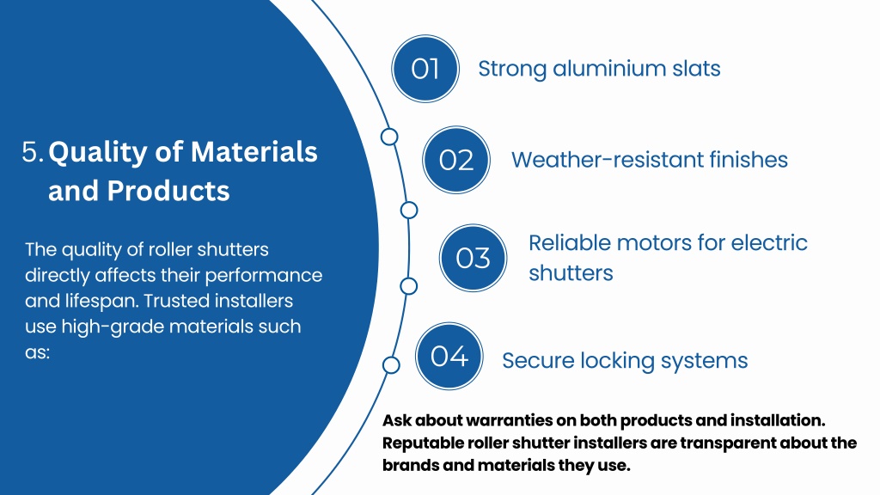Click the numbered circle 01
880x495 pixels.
[x=425, y=69]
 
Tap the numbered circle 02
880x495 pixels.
[x=456, y=160]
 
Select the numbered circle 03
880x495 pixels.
[x=473, y=257]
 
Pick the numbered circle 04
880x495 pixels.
[x=449, y=356]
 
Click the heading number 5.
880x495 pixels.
[x=33, y=152]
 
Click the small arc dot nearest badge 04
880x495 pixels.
[x=391, y=365]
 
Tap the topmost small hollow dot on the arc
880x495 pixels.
[x=389, y=137]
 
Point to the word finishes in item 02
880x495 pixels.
[x=749, y=160]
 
